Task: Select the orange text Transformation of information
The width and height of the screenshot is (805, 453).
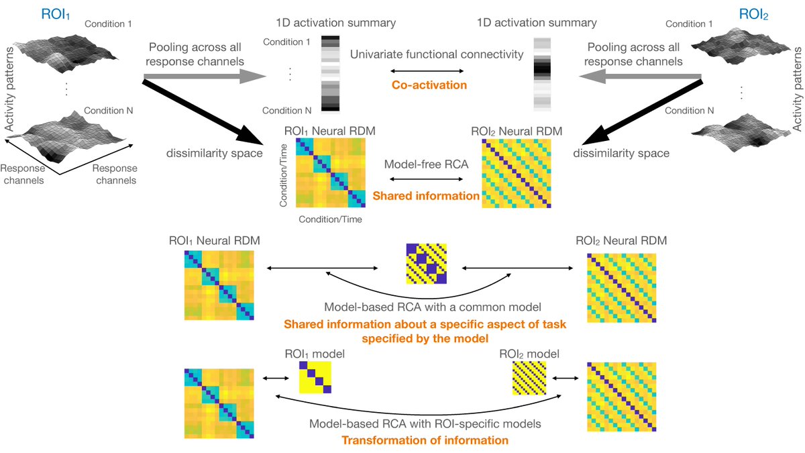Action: [x=425, y=440]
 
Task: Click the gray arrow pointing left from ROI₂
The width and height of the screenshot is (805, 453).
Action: [x=641, y=79]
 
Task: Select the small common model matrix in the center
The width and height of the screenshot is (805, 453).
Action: [x=427, y=266]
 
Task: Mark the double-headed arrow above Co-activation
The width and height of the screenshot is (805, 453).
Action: [x=429, y=70]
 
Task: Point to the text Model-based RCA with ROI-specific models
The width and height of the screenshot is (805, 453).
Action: [x=425, y=424]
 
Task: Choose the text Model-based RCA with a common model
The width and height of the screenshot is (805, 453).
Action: [x=425, y=307]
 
